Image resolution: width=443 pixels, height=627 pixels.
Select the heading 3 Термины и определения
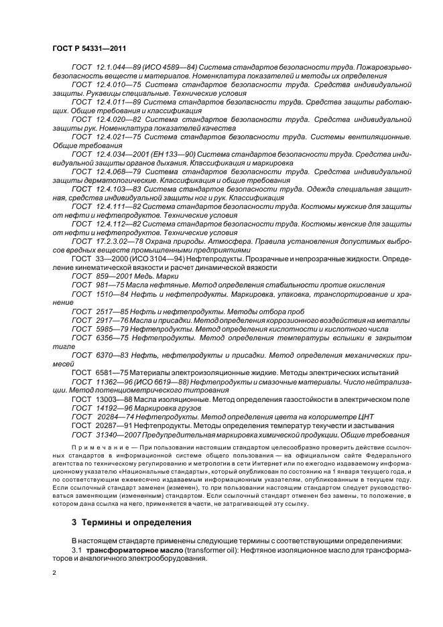[125, 522]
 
